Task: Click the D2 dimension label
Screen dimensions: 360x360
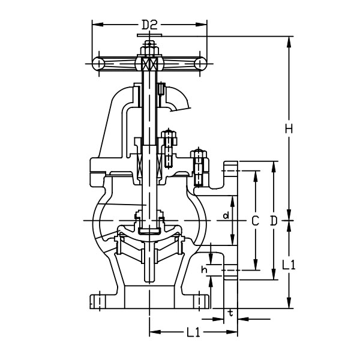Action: [x=149, y=25]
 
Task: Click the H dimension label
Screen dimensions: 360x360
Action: [x=289, y=128]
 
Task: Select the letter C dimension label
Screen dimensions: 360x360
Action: [x=256, y=221]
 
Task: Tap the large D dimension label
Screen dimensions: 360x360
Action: [x=274, y=221]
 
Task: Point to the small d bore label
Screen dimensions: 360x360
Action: [x=226, y=215]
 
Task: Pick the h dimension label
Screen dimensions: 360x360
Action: [x=205, y=270]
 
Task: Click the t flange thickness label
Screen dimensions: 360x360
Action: [x=231, y=313]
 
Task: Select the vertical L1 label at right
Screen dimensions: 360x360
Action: [x=289, y=265]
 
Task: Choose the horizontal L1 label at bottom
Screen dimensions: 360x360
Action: [x=193, y=332]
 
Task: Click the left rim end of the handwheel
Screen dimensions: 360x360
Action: [x=99, y=64]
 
